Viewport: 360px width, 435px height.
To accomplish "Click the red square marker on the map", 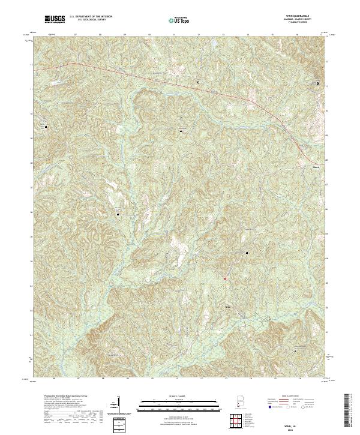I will (226, 278).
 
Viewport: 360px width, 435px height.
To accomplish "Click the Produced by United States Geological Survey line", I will (60, 398).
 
